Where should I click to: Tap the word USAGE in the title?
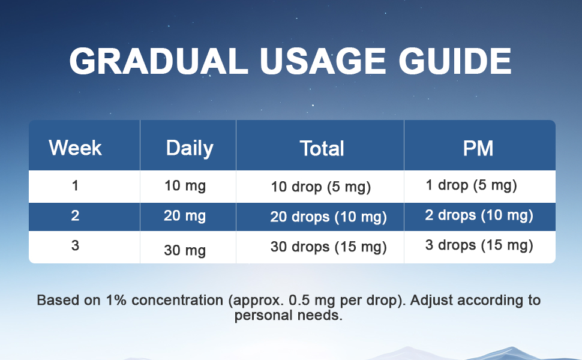coord(315,61)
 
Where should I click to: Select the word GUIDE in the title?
coord(454,61)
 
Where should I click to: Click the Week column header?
coord(75,148)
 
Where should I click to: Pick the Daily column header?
coord(190,148)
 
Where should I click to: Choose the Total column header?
coord(322,148)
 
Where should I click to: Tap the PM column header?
coord(478,148)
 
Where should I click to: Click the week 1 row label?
coord(75,186)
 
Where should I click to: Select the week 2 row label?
coord(75,215)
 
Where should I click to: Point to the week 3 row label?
coord(75,245)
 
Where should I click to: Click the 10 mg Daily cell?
coord(185,186)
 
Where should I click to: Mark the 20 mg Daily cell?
coord(185,215)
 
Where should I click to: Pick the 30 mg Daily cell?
coord(185,250)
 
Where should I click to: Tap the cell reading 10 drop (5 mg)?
coord(321,187)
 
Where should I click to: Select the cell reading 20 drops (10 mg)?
coord(328,217)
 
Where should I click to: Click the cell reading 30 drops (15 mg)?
coord(328,247)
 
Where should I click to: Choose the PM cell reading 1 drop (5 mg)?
coord(471,185)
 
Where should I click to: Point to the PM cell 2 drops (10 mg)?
coord(479,215)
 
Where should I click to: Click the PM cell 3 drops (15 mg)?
coord(479,245)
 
